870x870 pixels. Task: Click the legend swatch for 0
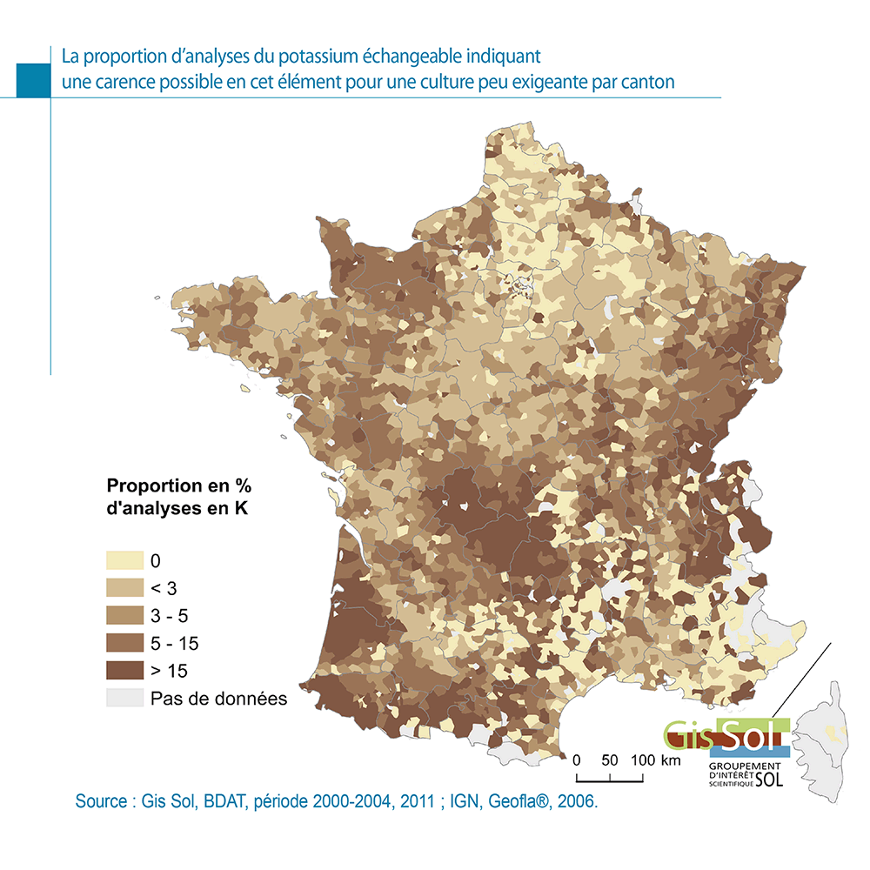(x=124, y=559)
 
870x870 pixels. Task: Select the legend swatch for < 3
(x=124, y=587)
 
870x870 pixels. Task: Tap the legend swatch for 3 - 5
(x=124, y=615)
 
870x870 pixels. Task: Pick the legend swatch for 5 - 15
(x=124, y=643)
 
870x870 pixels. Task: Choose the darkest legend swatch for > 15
(x=124, y=671)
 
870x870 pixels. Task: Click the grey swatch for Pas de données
(x=124, y=699)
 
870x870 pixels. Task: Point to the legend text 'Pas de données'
(x=218, y=699)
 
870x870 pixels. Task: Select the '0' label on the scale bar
(x=576, y=760)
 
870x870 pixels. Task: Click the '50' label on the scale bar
(x=609, y=760)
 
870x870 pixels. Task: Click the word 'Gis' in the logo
(x=686, y=735)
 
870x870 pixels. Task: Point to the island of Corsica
(x=825, y=744)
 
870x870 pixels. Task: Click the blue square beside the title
(x=34, y=79)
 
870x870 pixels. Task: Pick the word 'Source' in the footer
(x=101, y=801)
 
